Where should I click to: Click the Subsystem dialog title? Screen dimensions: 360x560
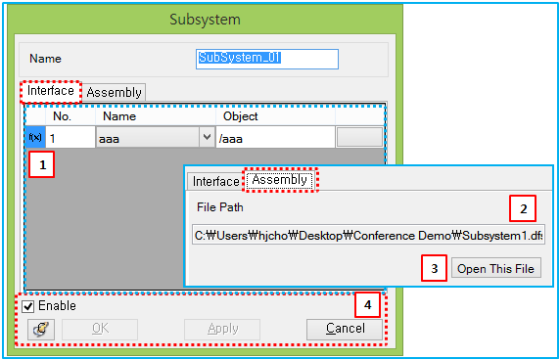[205, 20]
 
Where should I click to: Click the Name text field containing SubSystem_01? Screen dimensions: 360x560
[267, 59]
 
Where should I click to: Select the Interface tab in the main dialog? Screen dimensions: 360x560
[50, 91]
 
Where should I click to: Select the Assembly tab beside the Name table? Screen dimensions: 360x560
[115, 93]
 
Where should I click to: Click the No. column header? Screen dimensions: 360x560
[62, 117]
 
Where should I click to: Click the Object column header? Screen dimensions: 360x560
[241, 117]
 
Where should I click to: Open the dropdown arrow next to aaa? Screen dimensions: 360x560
[207, 138]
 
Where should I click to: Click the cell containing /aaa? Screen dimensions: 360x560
[274, 138]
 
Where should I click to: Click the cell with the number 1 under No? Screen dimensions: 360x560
[70, 138]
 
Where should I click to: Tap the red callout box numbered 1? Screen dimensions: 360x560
[41, 165]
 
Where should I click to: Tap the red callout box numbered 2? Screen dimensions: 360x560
[523, 207]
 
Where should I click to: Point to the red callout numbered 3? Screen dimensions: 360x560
[435, 268]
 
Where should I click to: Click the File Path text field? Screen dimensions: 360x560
[368, 236]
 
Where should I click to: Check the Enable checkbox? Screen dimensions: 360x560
[28, 306]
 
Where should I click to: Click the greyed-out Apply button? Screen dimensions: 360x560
[222, 329]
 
